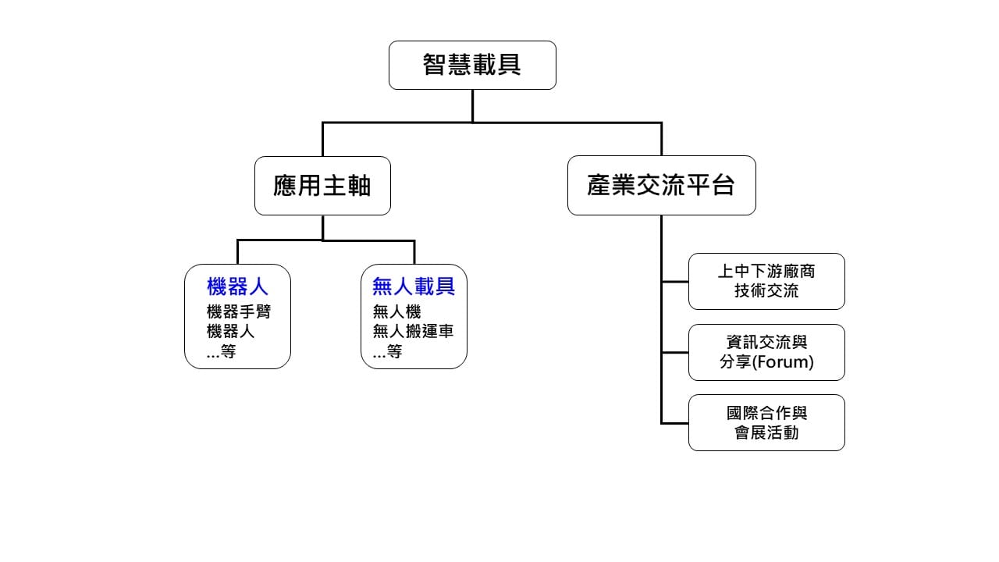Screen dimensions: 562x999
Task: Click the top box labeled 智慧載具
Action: pyautogui.click(x=472, y=65)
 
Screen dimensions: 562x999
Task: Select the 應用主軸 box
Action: pyautogui.click(x=322, y=185)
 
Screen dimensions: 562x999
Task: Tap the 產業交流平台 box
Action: pyautogui.click(x=661, y=185)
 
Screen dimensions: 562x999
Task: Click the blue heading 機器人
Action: pyautogui.click(x=237, y=286)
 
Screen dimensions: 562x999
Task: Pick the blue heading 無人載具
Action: pyautogui.click(x=414, y=286)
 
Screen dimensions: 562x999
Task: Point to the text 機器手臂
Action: pyautogui.click(x=239, y=311)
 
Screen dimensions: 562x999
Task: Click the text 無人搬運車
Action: pyautogui.click(x=413, y=331)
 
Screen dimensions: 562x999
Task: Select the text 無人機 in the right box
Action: pyautogui.click(x=396, y=311)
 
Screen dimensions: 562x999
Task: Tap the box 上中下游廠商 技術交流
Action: pyautogui.click(x=766, y=281)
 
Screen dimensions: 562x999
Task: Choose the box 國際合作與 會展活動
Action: pyautogui.click(x=766, y=422)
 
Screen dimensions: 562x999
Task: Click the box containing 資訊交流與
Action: pyautogui.click(x=766, y=352)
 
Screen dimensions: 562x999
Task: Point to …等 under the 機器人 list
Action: pyautogui.click(x=221, y=352)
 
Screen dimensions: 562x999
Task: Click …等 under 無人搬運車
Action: pyautogui.click(x=387, y=352)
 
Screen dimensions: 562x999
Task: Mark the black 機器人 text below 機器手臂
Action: pyautogui.click(x=230, y=331)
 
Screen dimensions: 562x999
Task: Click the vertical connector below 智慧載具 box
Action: pyautogui.click(x=472, y=105)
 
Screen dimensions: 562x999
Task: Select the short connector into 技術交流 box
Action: pyautogui.click(x=675, y=281)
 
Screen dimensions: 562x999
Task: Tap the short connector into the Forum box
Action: pyautogui.click(x=675, y=352)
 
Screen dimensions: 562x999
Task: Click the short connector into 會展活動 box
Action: pyautogui.click(x=675, y=422)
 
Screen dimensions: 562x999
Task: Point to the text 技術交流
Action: pyautogui.click(x=766, y=291)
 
